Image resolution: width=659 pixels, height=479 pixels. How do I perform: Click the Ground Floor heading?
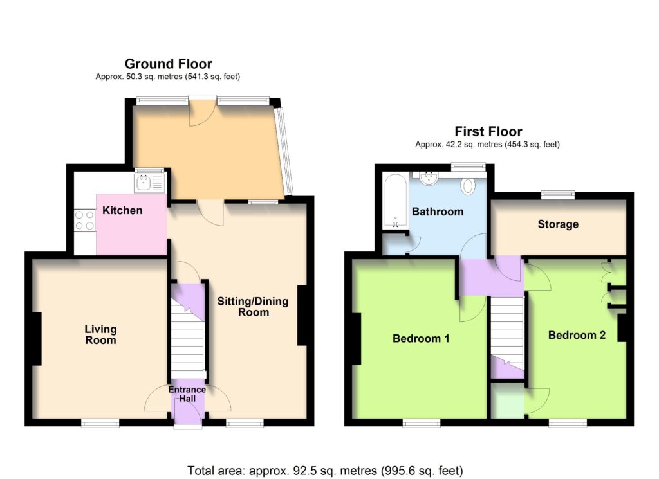coord(168,64)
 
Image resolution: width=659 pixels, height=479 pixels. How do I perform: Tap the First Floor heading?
coord(488,131)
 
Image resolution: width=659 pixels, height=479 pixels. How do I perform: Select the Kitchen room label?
coord(122,210)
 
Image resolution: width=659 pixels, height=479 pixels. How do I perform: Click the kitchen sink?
coord(149,183)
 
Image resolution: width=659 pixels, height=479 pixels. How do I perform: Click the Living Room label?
coord(100,334)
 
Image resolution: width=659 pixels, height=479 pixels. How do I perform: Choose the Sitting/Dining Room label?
coord(252,307)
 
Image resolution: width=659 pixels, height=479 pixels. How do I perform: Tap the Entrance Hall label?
coord(187,393)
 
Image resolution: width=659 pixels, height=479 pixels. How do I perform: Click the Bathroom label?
coord(438,212)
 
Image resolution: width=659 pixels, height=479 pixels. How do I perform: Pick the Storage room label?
coord(558,224)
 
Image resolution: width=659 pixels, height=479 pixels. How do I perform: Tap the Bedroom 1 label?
coord(421,338)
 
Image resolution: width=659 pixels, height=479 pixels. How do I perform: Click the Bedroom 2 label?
coord(577,335)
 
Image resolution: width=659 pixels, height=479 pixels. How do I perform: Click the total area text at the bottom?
coord(325,471)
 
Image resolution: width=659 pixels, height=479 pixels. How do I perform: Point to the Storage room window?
coord(558,194)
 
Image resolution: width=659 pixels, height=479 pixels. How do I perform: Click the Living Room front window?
coord(100,423)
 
